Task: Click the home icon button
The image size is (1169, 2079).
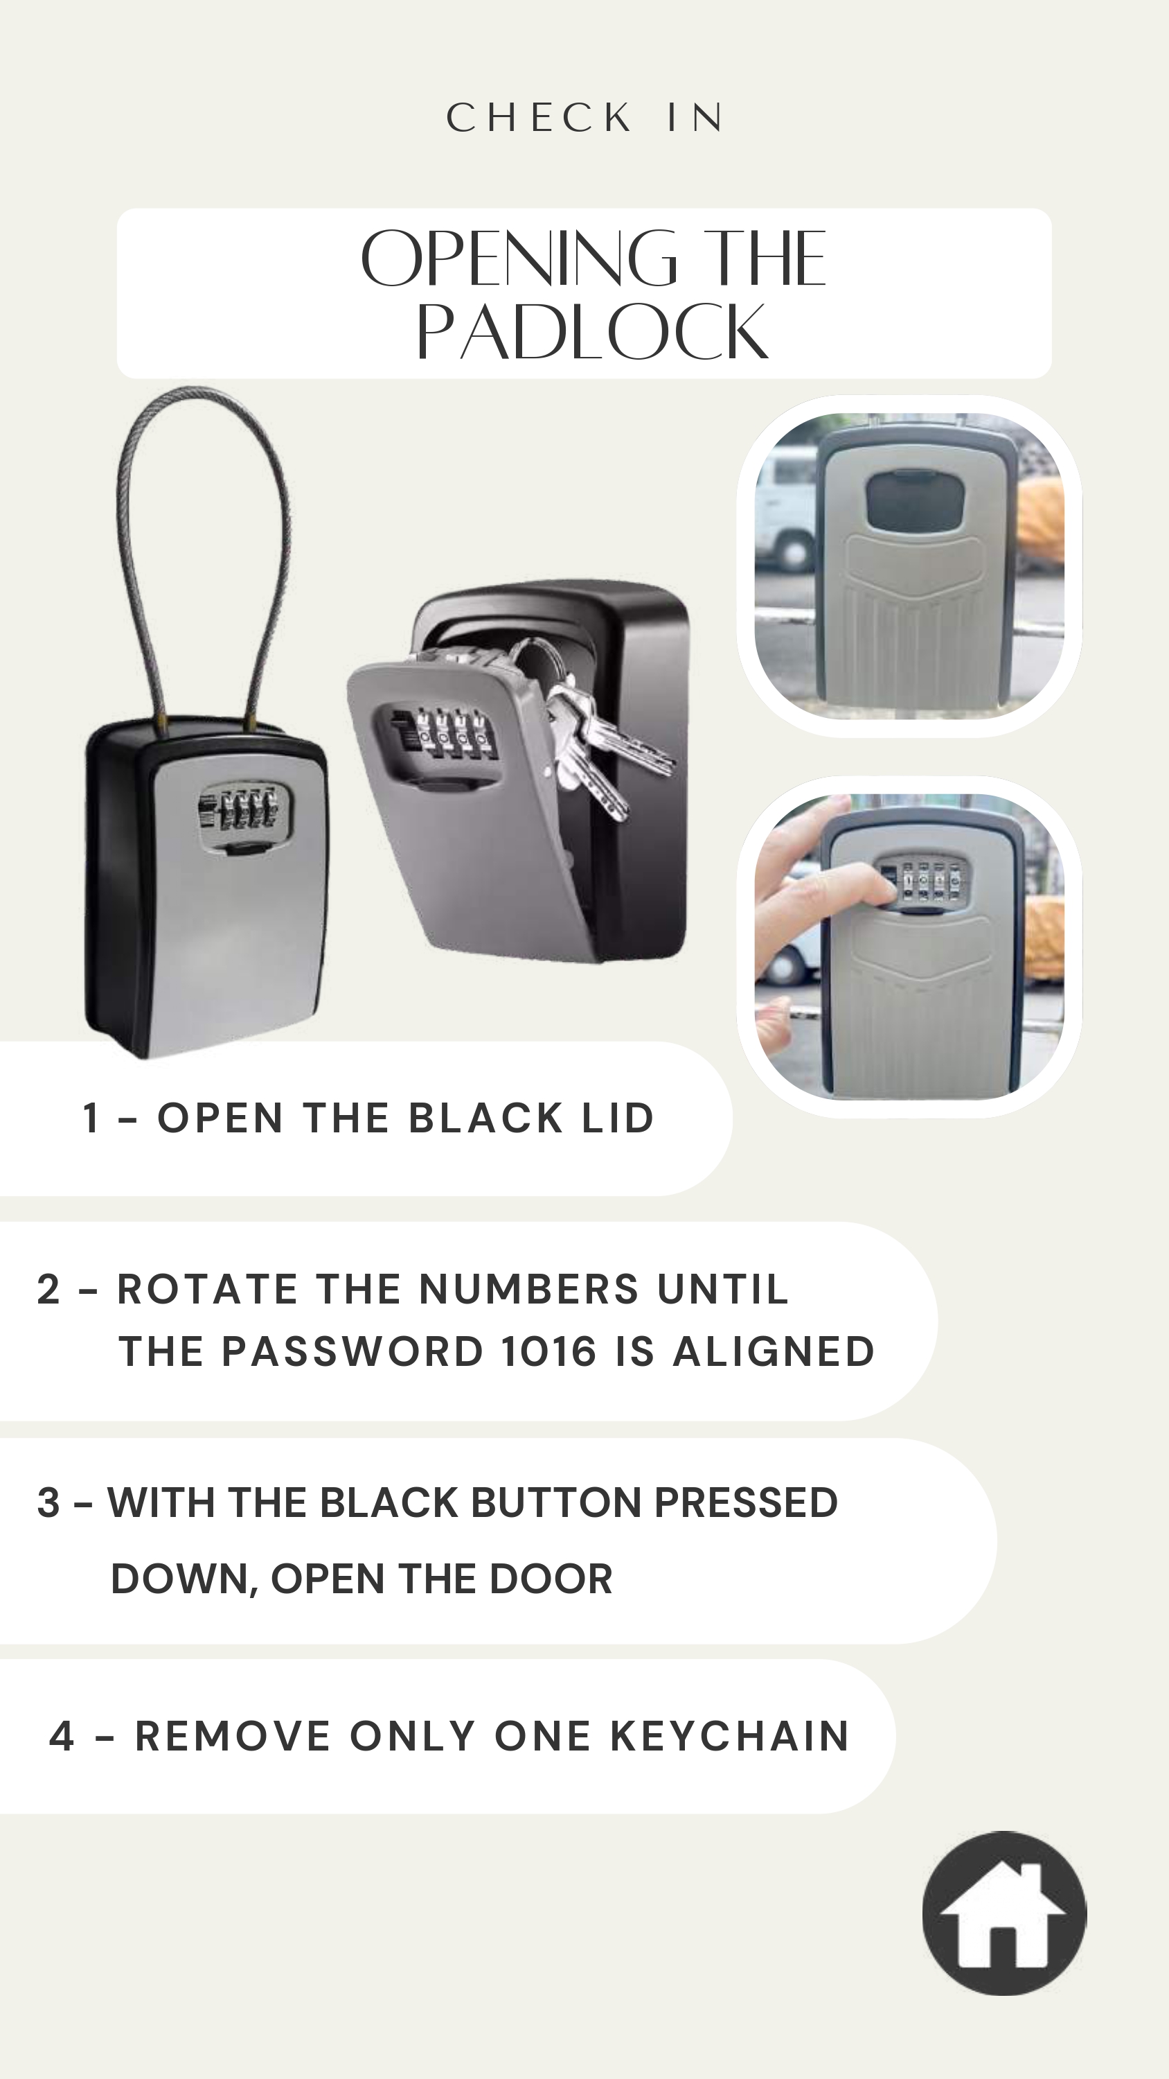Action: click(1004, 1913)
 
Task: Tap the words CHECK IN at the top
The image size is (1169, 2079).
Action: click(586, 118)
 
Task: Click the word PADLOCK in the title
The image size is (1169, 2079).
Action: click(592, 333)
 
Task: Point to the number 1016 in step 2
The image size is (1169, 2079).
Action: click(548, 1352)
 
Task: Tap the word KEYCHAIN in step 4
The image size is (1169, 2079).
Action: click(729, 1737)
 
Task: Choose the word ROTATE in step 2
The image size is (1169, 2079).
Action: click(206, 1289)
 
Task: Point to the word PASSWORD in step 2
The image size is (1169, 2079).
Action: click(353, 1352)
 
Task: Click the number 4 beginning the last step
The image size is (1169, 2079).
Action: click(62, 1737)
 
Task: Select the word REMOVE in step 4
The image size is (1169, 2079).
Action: click(233, 1737)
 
